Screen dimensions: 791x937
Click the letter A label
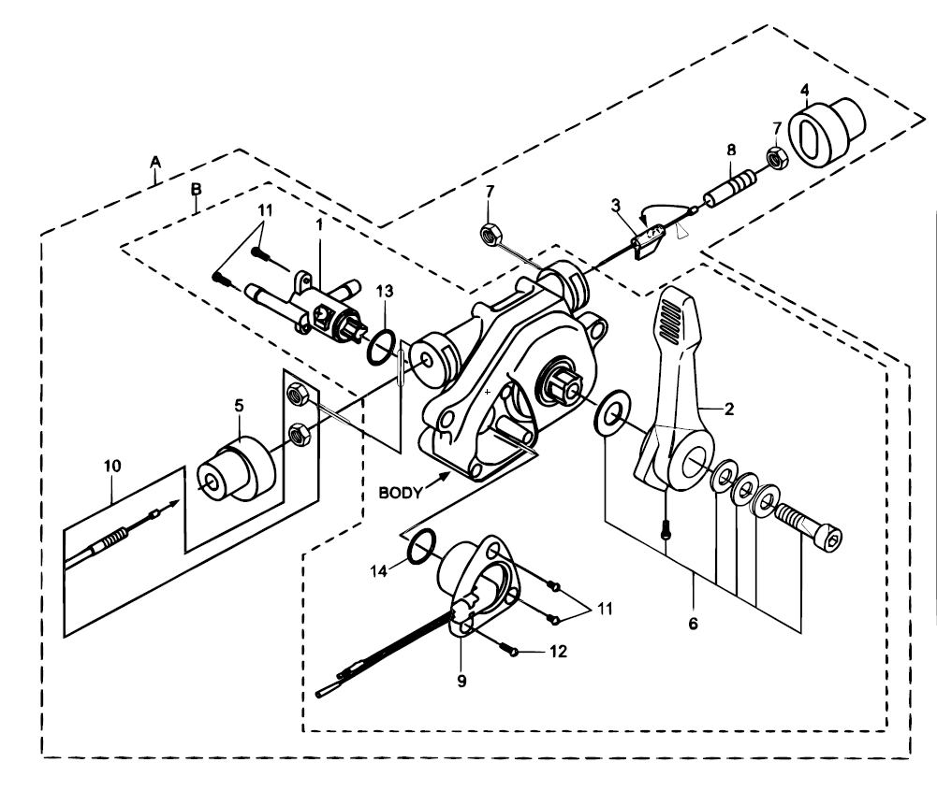click(x=156, y=161)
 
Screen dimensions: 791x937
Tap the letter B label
click(x=196, y=188)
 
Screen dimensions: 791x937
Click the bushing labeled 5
click(x=237, y=467)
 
